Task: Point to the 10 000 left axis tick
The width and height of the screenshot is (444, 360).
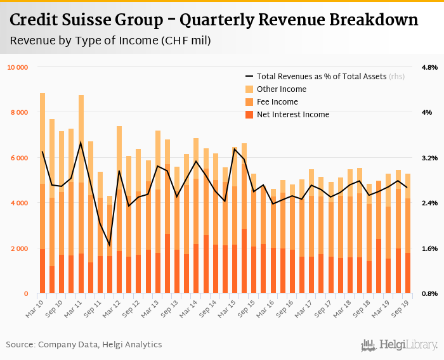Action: pos(17,67)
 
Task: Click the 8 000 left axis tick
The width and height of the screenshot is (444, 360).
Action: pos(19,113)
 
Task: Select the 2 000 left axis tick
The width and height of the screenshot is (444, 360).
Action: pos(19,248)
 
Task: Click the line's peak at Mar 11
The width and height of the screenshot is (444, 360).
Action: pos(81,142)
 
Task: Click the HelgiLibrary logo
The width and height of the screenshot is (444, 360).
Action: pos(399,345)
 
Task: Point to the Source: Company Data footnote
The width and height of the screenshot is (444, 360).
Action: pos(84,345)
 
